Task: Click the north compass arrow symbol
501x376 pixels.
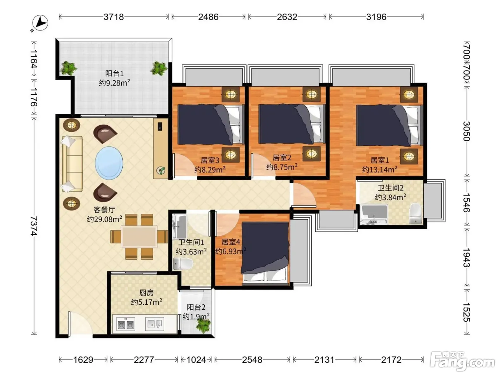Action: (x=40, y=23)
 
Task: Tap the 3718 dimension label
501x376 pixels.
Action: (x=114, y=17)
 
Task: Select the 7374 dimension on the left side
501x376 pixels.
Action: (x=34, y=226)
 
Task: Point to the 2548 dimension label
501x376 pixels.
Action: (x=252, y=360)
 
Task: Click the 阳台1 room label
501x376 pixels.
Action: (x=115, y=73)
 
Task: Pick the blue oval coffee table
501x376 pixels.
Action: (x=109, y=163)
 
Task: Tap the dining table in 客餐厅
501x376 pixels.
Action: (x=139, y=236)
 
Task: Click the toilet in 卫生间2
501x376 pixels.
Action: (x=415, y=213)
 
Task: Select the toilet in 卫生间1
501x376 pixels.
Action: (x=183, y=264)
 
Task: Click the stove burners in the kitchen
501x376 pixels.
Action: (x=125, y=324)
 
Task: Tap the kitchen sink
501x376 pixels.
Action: (x=155, y=324)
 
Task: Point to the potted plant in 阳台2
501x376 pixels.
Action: (x=203, y=325)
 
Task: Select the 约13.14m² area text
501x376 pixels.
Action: (x=380, y=169)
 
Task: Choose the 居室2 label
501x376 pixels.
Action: (x=282, y=158)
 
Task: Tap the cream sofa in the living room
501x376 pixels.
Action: (x=72, y=164)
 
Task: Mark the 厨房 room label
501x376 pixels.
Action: (x=146, y=293)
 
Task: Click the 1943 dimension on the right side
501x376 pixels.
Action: (x=466, y=257)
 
